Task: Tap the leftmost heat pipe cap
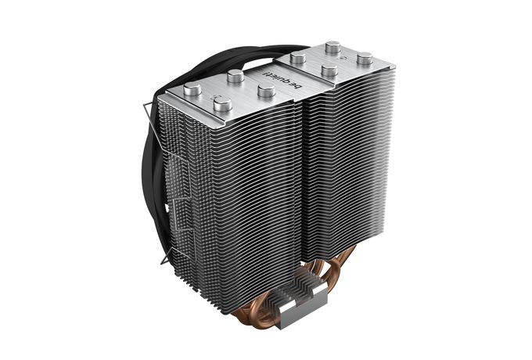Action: (192, 89)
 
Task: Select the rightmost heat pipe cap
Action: (365, 59)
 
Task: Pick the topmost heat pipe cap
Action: (332, 47)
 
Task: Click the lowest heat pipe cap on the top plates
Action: (222, 104)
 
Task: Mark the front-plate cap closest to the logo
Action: (266, 91)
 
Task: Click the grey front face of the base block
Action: (303, 311)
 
